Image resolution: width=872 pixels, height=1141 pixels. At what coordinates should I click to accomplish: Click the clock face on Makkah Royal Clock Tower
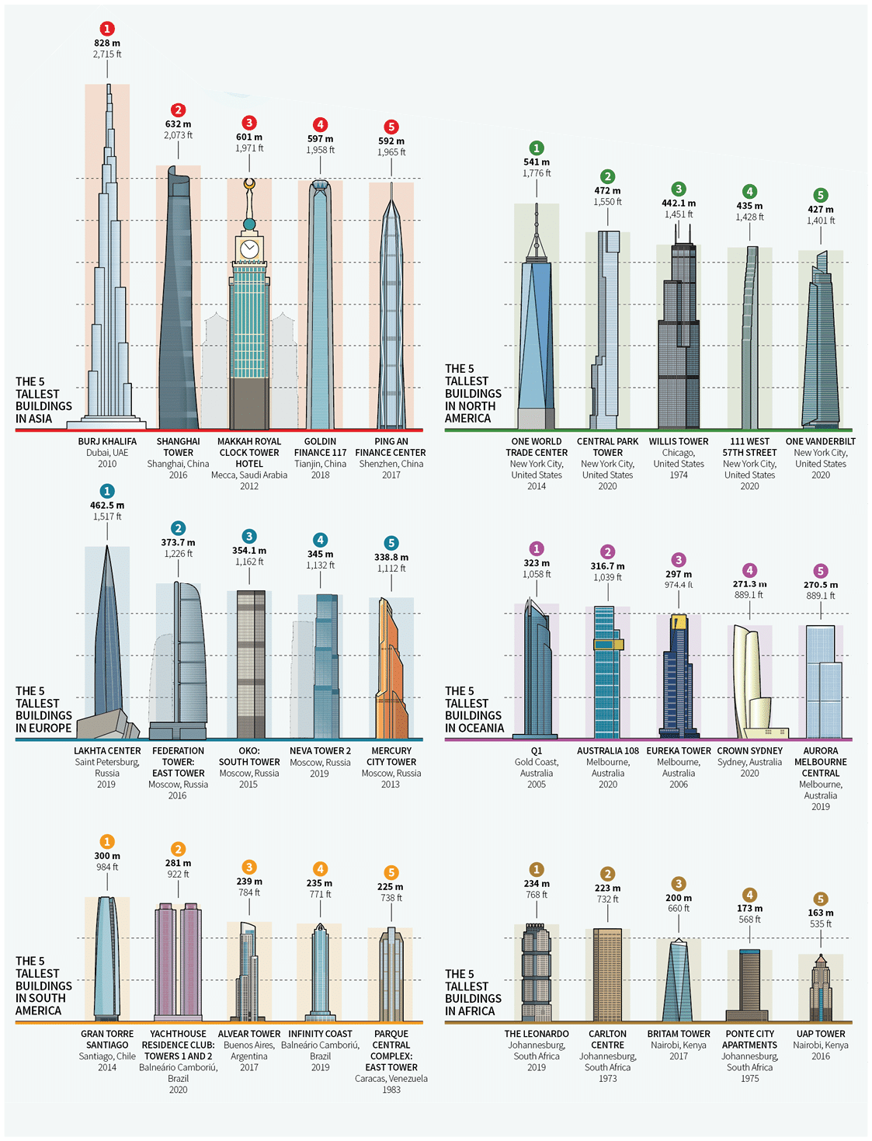(x=249, y=249)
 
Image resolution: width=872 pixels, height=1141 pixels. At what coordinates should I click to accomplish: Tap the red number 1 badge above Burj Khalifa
(x=107, y=29)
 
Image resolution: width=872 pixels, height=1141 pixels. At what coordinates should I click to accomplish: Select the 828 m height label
(x=107, y=43)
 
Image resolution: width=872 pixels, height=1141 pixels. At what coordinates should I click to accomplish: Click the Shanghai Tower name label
(x=178, y=447)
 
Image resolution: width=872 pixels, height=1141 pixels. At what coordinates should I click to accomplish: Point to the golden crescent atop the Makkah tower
(x=249, y=184)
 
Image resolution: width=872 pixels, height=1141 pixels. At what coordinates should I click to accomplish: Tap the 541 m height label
(x=537, y=162)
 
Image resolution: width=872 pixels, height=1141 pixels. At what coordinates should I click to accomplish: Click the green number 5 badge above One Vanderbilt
(x=821, y=195)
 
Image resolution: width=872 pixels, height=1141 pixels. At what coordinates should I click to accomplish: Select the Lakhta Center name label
(x=107, y=751)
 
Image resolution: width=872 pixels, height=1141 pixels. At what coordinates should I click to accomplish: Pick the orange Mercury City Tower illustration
(x=391, y=676)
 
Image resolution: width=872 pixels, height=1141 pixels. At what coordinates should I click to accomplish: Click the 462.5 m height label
(x=107, y=506)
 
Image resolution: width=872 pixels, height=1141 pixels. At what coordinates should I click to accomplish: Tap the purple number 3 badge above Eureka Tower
(x=679, y=560)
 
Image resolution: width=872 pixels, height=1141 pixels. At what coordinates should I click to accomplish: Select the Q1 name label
(x=537, y=751)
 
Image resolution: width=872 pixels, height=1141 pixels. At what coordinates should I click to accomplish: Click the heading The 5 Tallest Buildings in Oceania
(x=474, y=709)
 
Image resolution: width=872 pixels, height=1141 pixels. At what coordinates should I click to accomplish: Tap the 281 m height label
(x=178, y=863)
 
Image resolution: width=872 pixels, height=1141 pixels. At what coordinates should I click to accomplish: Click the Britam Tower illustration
(x=678, y=982)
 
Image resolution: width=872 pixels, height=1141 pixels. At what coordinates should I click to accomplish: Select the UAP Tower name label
(x=821, y=1034)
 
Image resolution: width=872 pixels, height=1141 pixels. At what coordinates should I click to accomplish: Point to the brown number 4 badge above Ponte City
(x=749, y=895)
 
